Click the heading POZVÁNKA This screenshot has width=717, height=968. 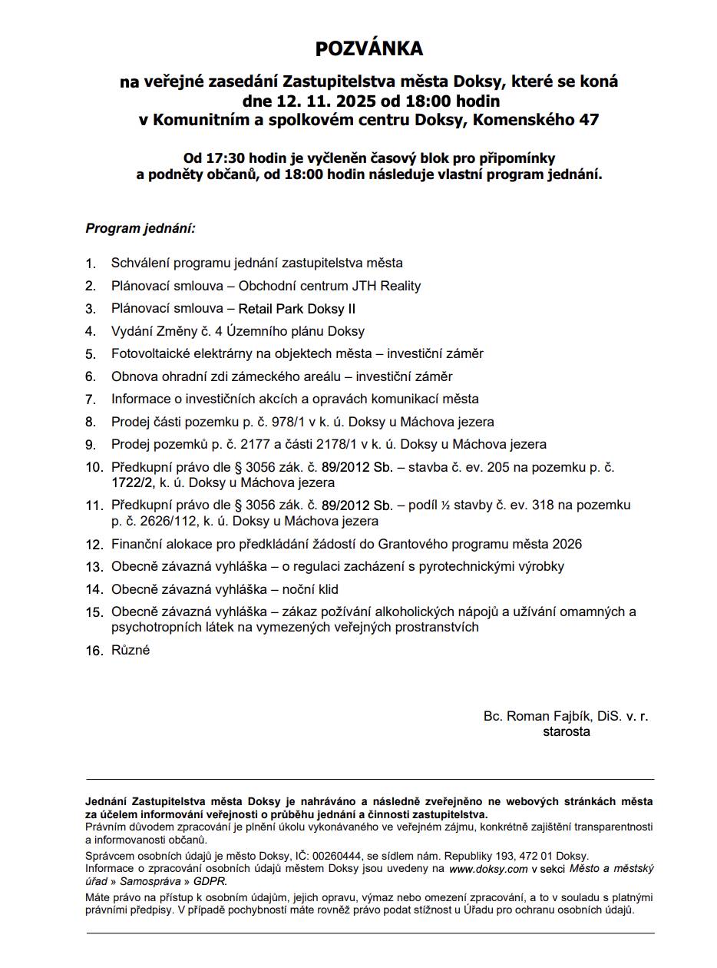point(369,49)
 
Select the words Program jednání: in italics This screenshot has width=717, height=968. point(140,229)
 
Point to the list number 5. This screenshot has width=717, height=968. point(91,354)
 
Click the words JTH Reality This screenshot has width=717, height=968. point(386,286)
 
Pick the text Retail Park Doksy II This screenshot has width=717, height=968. point(296,309)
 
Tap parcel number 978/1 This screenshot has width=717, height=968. point(285,422)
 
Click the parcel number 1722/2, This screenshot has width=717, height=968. point(134,483)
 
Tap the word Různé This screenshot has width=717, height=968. point(131,650)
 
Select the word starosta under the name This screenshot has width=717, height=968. point(567,731)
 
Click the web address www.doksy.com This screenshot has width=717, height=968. point(488,869)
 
